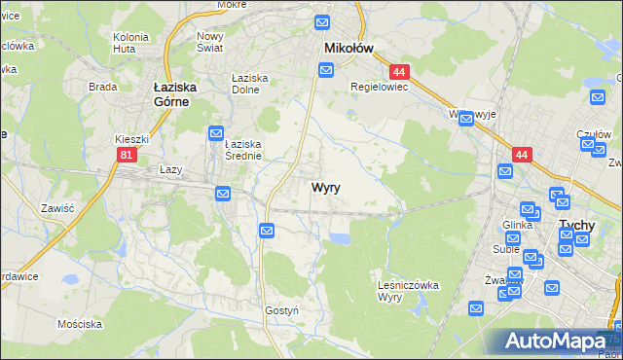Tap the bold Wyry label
[x=325, y=188]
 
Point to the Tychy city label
[x=576, y=225]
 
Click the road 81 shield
[x=126, y=155]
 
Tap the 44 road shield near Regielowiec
[x=398, y=72]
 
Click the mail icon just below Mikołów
[x=326, y=69]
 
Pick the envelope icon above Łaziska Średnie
[x=217, y=132]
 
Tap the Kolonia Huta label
[x=130, y=42]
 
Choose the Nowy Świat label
[x=210, y=42]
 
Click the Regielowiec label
[x=380, y=86]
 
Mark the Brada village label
[x=102, y=87]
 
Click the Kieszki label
[x=129, y=139]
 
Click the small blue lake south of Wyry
[x=340, y=237]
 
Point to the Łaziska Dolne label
[x=249, y=84]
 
